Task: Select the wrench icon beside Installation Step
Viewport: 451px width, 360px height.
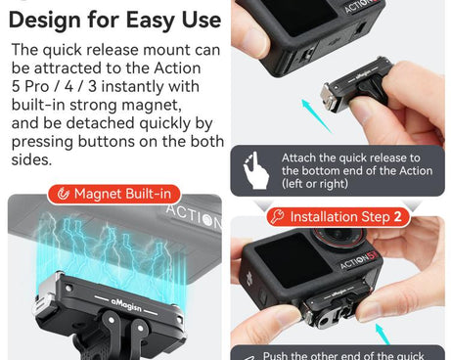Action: tap(277, 217)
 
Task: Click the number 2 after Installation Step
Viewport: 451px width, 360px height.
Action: tap(396, 217)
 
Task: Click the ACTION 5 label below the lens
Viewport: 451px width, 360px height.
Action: tap(358, 264)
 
